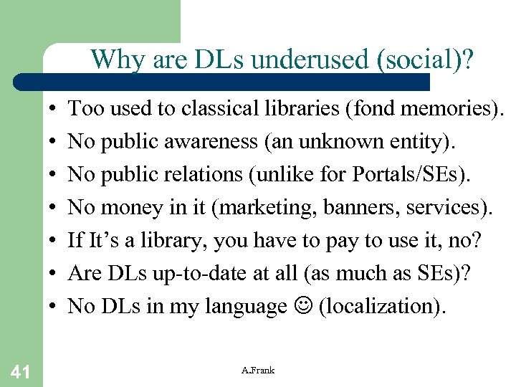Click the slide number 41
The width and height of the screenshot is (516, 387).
pos(20,371)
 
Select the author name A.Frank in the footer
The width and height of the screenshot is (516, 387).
pos(258,370)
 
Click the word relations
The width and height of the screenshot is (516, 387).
pos(229,175)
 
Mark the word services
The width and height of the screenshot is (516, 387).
pos(448,208)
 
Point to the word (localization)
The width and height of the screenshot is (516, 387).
pos(382,307)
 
